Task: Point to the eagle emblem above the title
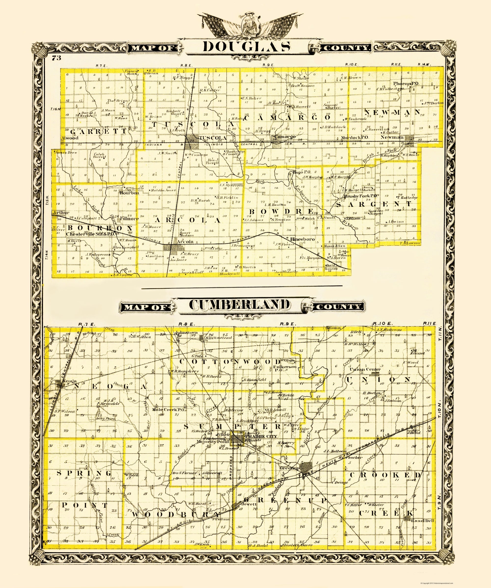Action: [247, 27]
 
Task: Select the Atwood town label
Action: [70, 138]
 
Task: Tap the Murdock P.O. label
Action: [355, 137]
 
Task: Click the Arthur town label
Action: [60, 213]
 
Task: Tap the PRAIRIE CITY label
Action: [261, 436]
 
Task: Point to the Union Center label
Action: [365, 369]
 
